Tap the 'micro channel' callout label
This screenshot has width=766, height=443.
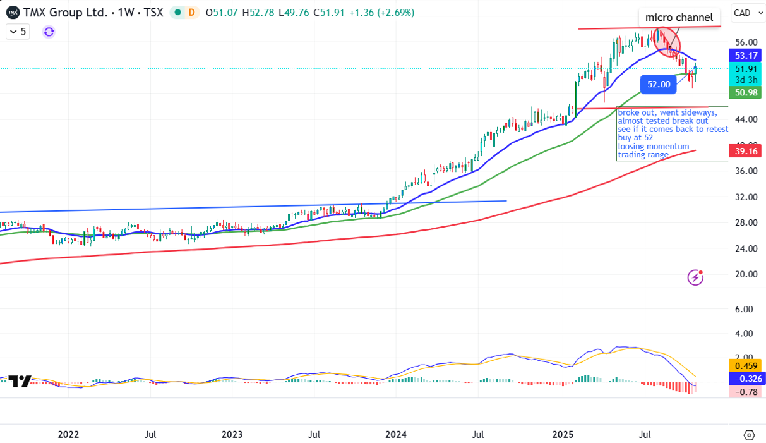[x=679, y=17]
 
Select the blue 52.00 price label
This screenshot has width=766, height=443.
[x=658, y=83]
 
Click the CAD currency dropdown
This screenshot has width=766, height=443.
[x=745, y=13]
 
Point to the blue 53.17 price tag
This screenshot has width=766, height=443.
[x=745, y=56]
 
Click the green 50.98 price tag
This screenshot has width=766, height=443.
[x=745, y=92]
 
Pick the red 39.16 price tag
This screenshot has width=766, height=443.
[x=745, y=151]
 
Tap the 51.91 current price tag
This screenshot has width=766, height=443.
[x=745, y=68]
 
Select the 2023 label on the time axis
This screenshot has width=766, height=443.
[x=232, y=435]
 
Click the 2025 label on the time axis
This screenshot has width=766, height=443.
[x=562, y=435]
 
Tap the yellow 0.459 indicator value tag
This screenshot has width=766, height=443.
[x=745, y=365]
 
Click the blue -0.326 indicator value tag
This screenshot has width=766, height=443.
[x=745, y=379]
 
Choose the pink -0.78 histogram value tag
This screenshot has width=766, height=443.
[x=745, y=392]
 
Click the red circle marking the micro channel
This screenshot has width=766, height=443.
[x=666, y=42]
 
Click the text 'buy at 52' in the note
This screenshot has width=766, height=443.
[x=636, y=137]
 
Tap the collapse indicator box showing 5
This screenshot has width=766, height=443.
[x=18, y=32]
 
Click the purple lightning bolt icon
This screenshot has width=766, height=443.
[x=695, y=277]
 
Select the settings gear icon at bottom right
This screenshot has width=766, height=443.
[x=749, y=435]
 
